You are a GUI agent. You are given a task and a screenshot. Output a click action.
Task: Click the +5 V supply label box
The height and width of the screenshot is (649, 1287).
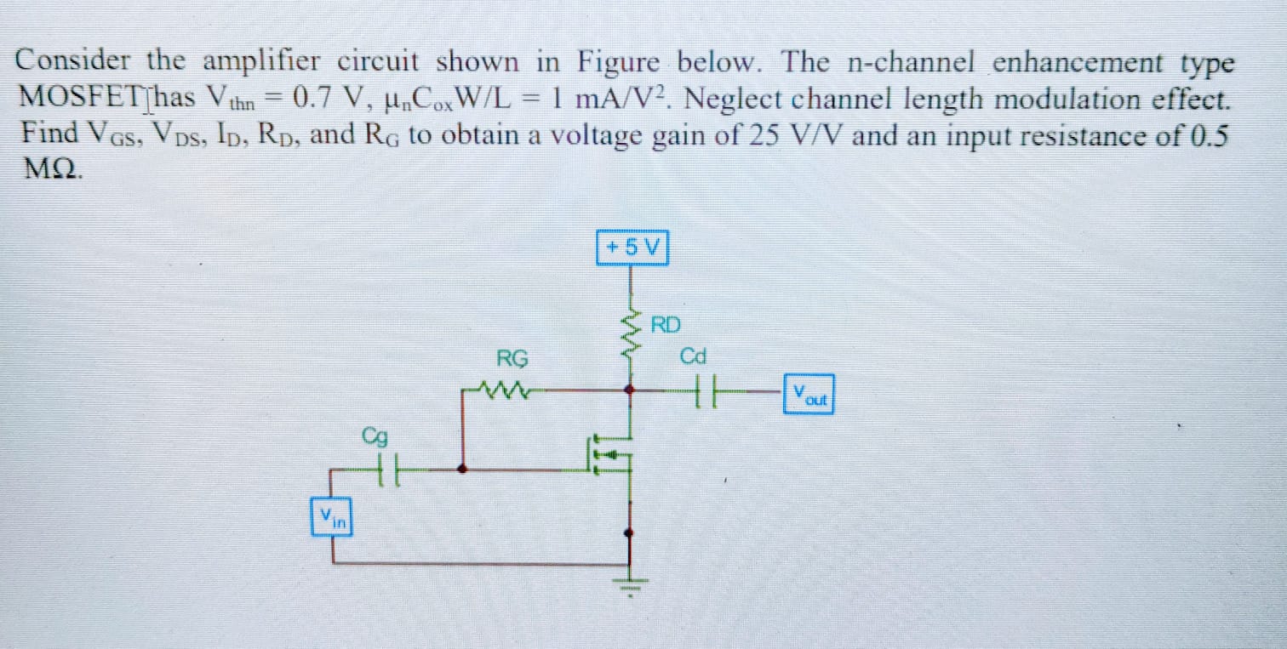coord(632,248)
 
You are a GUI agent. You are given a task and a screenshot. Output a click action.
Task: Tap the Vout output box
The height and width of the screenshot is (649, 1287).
coord(808,395)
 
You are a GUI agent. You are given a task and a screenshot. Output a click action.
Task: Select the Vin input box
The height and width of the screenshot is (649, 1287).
coord(332,516)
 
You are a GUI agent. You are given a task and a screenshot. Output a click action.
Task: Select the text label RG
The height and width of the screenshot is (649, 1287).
coord(512,358)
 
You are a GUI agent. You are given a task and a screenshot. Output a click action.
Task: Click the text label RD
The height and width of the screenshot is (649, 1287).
coord(666,324)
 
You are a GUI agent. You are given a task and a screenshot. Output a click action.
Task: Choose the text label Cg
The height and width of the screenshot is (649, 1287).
coord(375,437)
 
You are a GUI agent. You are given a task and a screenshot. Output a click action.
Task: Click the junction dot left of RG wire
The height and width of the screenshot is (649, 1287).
coord(462,468)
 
